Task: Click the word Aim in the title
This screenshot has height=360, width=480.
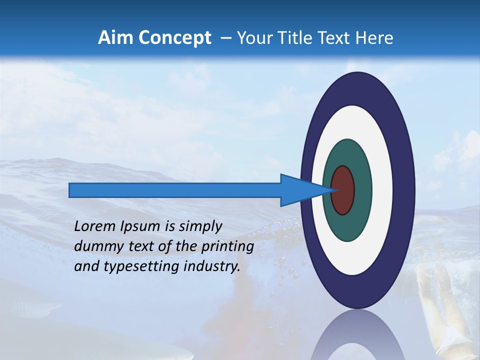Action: [x=116, y=38]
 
